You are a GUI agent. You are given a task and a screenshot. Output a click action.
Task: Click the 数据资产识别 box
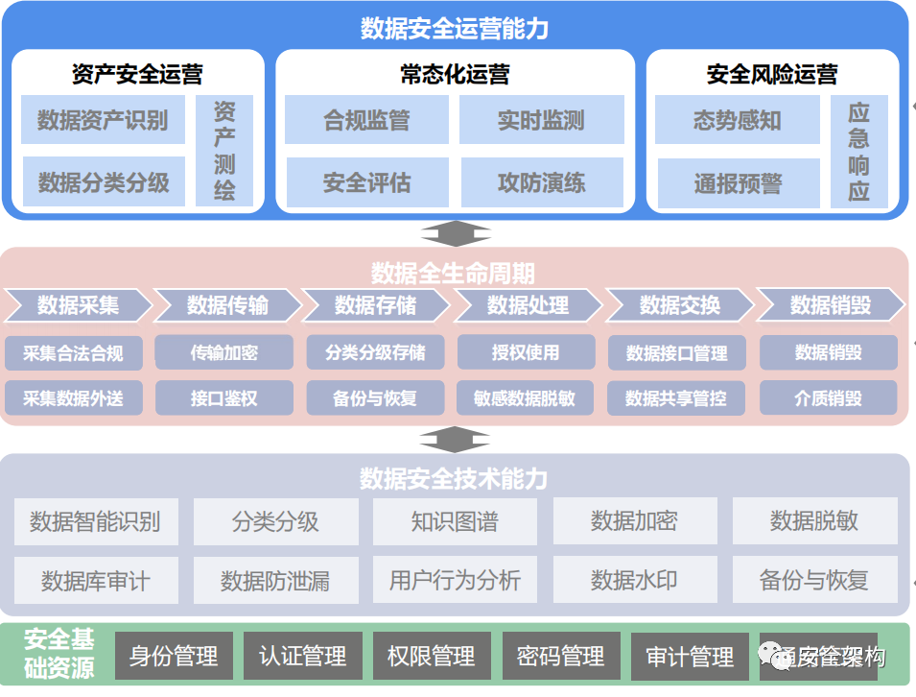pyautogui.click(x=104, y=120)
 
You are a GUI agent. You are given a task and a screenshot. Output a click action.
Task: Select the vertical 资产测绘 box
pyautogui.click(x=224, y=150)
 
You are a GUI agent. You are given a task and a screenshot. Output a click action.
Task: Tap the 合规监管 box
pyautogui.click(x=366, y=120)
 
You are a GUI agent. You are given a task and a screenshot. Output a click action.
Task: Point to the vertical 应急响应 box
pyautogui.click(x=858, y=152)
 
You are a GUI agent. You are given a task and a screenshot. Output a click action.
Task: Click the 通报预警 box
pyautogui.click(x=738, y=183)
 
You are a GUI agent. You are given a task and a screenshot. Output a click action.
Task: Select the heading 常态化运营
pyautogui.click(x=455, y=73)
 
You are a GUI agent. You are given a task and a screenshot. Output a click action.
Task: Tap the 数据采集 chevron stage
pyautogui.click(x=79, y=305)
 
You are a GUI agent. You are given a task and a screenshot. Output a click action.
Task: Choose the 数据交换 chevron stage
pyautogui.click(x=680, y=305)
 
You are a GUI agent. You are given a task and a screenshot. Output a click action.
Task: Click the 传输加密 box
pyautogui.click(x=223, y=352)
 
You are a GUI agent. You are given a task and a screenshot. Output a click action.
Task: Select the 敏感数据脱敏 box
pyautogui.click(x=525, y=397)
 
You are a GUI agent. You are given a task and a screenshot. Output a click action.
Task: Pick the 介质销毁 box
pyautogui.click(x=828, y=397)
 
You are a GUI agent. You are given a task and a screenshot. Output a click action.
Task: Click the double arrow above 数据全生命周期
pyautogui.click(x=456, y=233)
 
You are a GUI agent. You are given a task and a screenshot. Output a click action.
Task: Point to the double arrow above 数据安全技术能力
pyautogui.click(x=456, y=439)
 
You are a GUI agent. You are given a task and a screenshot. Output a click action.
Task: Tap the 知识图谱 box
pyautogui.click(x=455, y=521)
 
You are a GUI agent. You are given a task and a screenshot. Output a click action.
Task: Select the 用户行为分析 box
pyautogui.click(x=455, y=580)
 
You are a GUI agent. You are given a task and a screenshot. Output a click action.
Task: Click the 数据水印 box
pyautogui.click(x=634, y=580)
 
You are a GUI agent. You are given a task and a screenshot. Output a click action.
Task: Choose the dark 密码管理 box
pyautogui.click(x=561, y=657)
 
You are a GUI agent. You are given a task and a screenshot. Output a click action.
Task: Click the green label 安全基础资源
pyautogui.click(x=59, y=654)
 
